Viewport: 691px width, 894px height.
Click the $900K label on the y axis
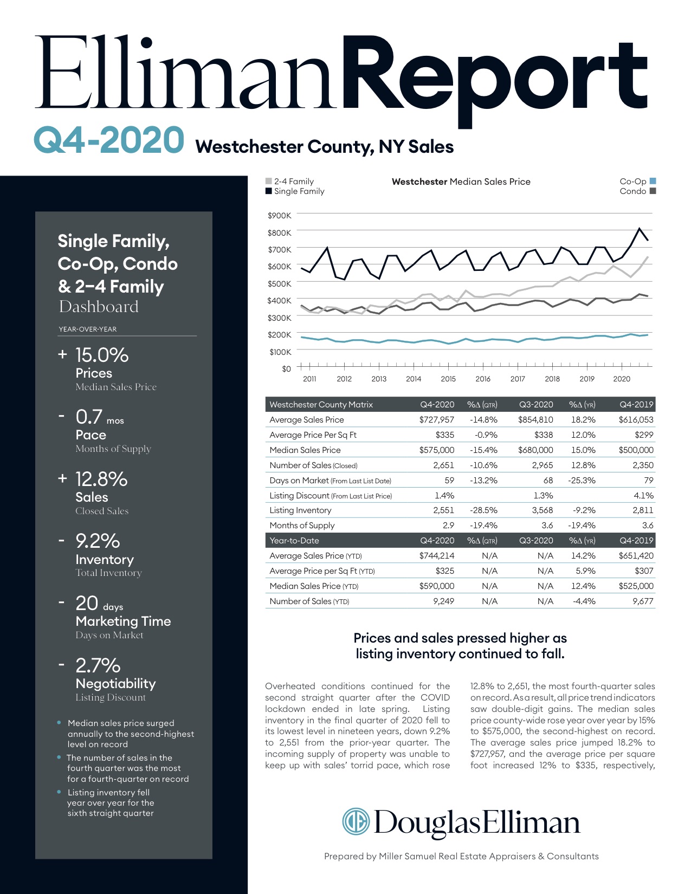(279, 216)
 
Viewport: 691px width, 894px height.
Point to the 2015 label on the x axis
(448, 379)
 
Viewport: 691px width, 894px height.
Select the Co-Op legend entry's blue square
(653, 181)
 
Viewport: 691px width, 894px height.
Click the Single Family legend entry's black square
(269, 191)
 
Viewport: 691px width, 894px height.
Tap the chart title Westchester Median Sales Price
(461, 182)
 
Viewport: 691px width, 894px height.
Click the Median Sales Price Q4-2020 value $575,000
(436, 450)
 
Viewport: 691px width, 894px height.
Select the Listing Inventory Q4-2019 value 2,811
(643, 510)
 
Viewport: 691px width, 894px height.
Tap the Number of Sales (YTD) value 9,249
(443, 601)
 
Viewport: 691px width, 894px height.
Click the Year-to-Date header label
(294, 540)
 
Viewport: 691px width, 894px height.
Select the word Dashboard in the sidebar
(99, 307)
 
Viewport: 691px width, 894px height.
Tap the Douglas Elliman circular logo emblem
(356, 821)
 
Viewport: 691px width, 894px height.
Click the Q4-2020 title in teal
(109, 139)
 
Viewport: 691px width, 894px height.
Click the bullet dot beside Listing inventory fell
(59, 792)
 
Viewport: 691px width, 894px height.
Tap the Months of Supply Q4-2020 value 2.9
(448, 525)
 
